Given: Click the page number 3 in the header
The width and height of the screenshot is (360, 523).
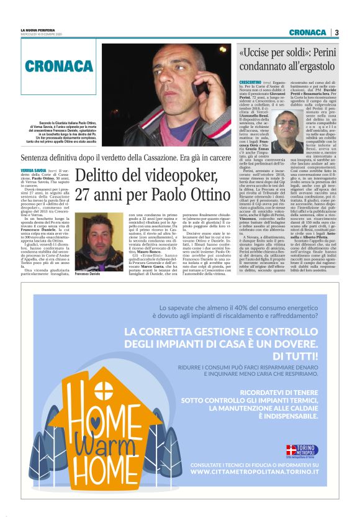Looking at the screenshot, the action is [x=336, y=32].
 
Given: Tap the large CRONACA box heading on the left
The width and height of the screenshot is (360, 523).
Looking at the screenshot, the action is [x=60, y=66].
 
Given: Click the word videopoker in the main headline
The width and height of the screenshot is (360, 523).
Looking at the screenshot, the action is [x=158, y=176].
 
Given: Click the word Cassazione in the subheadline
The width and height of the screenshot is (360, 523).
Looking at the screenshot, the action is [x=153, y=157].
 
